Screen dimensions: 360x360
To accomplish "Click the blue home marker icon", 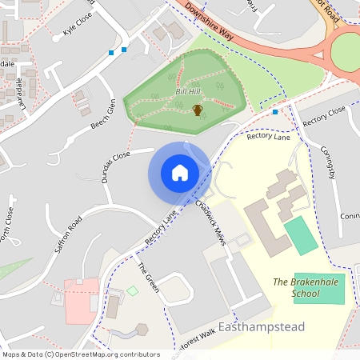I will [x=179, y=172].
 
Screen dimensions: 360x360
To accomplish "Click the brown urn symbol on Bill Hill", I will [x=197, y=109].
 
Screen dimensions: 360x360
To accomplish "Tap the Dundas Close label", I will [x=110, y=161].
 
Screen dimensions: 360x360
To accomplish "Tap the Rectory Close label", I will [x=324, y=114].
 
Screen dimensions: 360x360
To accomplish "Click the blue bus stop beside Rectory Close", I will [x=275, y=112].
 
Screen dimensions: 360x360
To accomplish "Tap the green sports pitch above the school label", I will [x=301, y=235].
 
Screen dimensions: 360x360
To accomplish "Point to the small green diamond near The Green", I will [x=132, y=290].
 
